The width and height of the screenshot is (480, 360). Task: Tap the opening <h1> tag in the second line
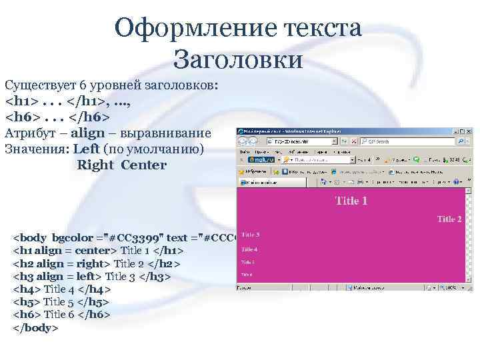coord(20,103)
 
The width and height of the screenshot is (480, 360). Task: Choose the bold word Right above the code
coord(96,164)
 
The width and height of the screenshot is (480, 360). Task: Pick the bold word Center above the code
coord(144,164)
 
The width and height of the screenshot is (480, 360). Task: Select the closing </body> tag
coord(36,328)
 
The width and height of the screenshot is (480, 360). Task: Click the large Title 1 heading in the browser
coord(351,201)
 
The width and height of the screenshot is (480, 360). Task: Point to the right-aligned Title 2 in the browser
coord(450,219)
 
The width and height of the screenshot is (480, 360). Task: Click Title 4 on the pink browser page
coord(249,249)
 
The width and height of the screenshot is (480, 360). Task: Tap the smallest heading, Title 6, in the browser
coord(247,274)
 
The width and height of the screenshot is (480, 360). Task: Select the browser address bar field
coord(307,141)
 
